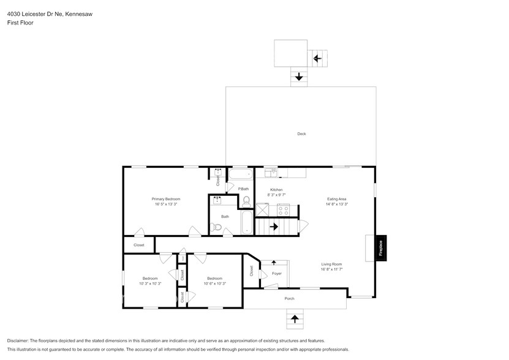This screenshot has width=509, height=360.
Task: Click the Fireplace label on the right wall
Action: tap(380, 248)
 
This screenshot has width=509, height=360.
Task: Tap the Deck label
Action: tap(301, 133)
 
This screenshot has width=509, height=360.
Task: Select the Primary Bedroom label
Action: tap(166, 199)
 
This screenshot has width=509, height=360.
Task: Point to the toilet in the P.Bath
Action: tap(247, 201)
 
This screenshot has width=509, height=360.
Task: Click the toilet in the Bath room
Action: tap(215, 228)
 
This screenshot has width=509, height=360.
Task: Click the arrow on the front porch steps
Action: tap(295, 318)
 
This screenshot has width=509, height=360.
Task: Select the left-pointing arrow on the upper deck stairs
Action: tap(317, 58)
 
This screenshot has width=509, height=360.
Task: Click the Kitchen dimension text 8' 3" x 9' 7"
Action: tap(277, 195)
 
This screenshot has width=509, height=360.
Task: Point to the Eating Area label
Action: tap(337, 199)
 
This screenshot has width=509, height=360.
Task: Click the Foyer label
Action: tap(277, 273)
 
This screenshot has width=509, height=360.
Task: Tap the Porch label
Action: tap(290, 298)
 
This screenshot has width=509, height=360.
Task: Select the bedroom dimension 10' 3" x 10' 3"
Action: tap(150, 283)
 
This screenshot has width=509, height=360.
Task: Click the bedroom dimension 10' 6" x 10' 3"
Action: tap(215, 283)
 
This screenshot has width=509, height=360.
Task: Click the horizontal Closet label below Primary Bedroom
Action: tap(139, 245)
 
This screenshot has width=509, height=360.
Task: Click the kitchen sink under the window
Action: tap(271, 173)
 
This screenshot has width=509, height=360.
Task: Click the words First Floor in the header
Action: tap(20, 22)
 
